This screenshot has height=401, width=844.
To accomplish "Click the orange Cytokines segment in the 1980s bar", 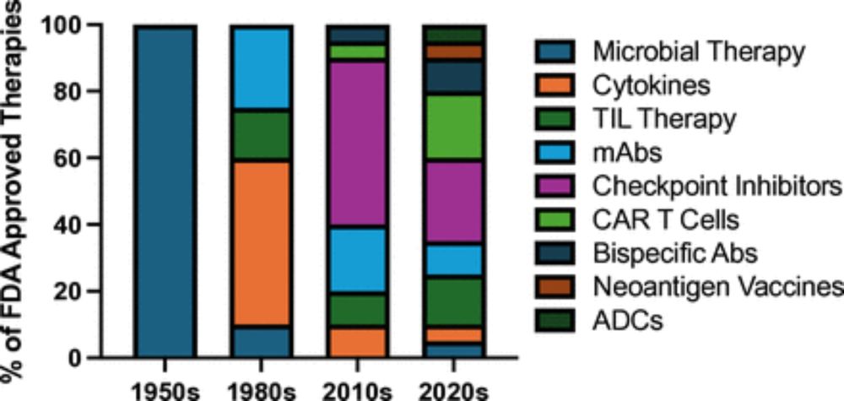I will (x=261, y=243).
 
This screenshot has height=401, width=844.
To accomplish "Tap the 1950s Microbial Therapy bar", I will (x=165, y=192).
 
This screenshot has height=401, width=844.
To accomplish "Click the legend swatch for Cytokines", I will (x=555, y=84).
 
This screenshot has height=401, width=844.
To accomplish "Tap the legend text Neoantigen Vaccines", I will (x=717, y=285).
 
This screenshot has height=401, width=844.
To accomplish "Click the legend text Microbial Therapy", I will (x=698, y=51).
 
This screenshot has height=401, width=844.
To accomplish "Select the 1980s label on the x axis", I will (x=261, y=390).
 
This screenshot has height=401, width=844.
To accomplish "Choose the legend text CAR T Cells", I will (x=666, y=219).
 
